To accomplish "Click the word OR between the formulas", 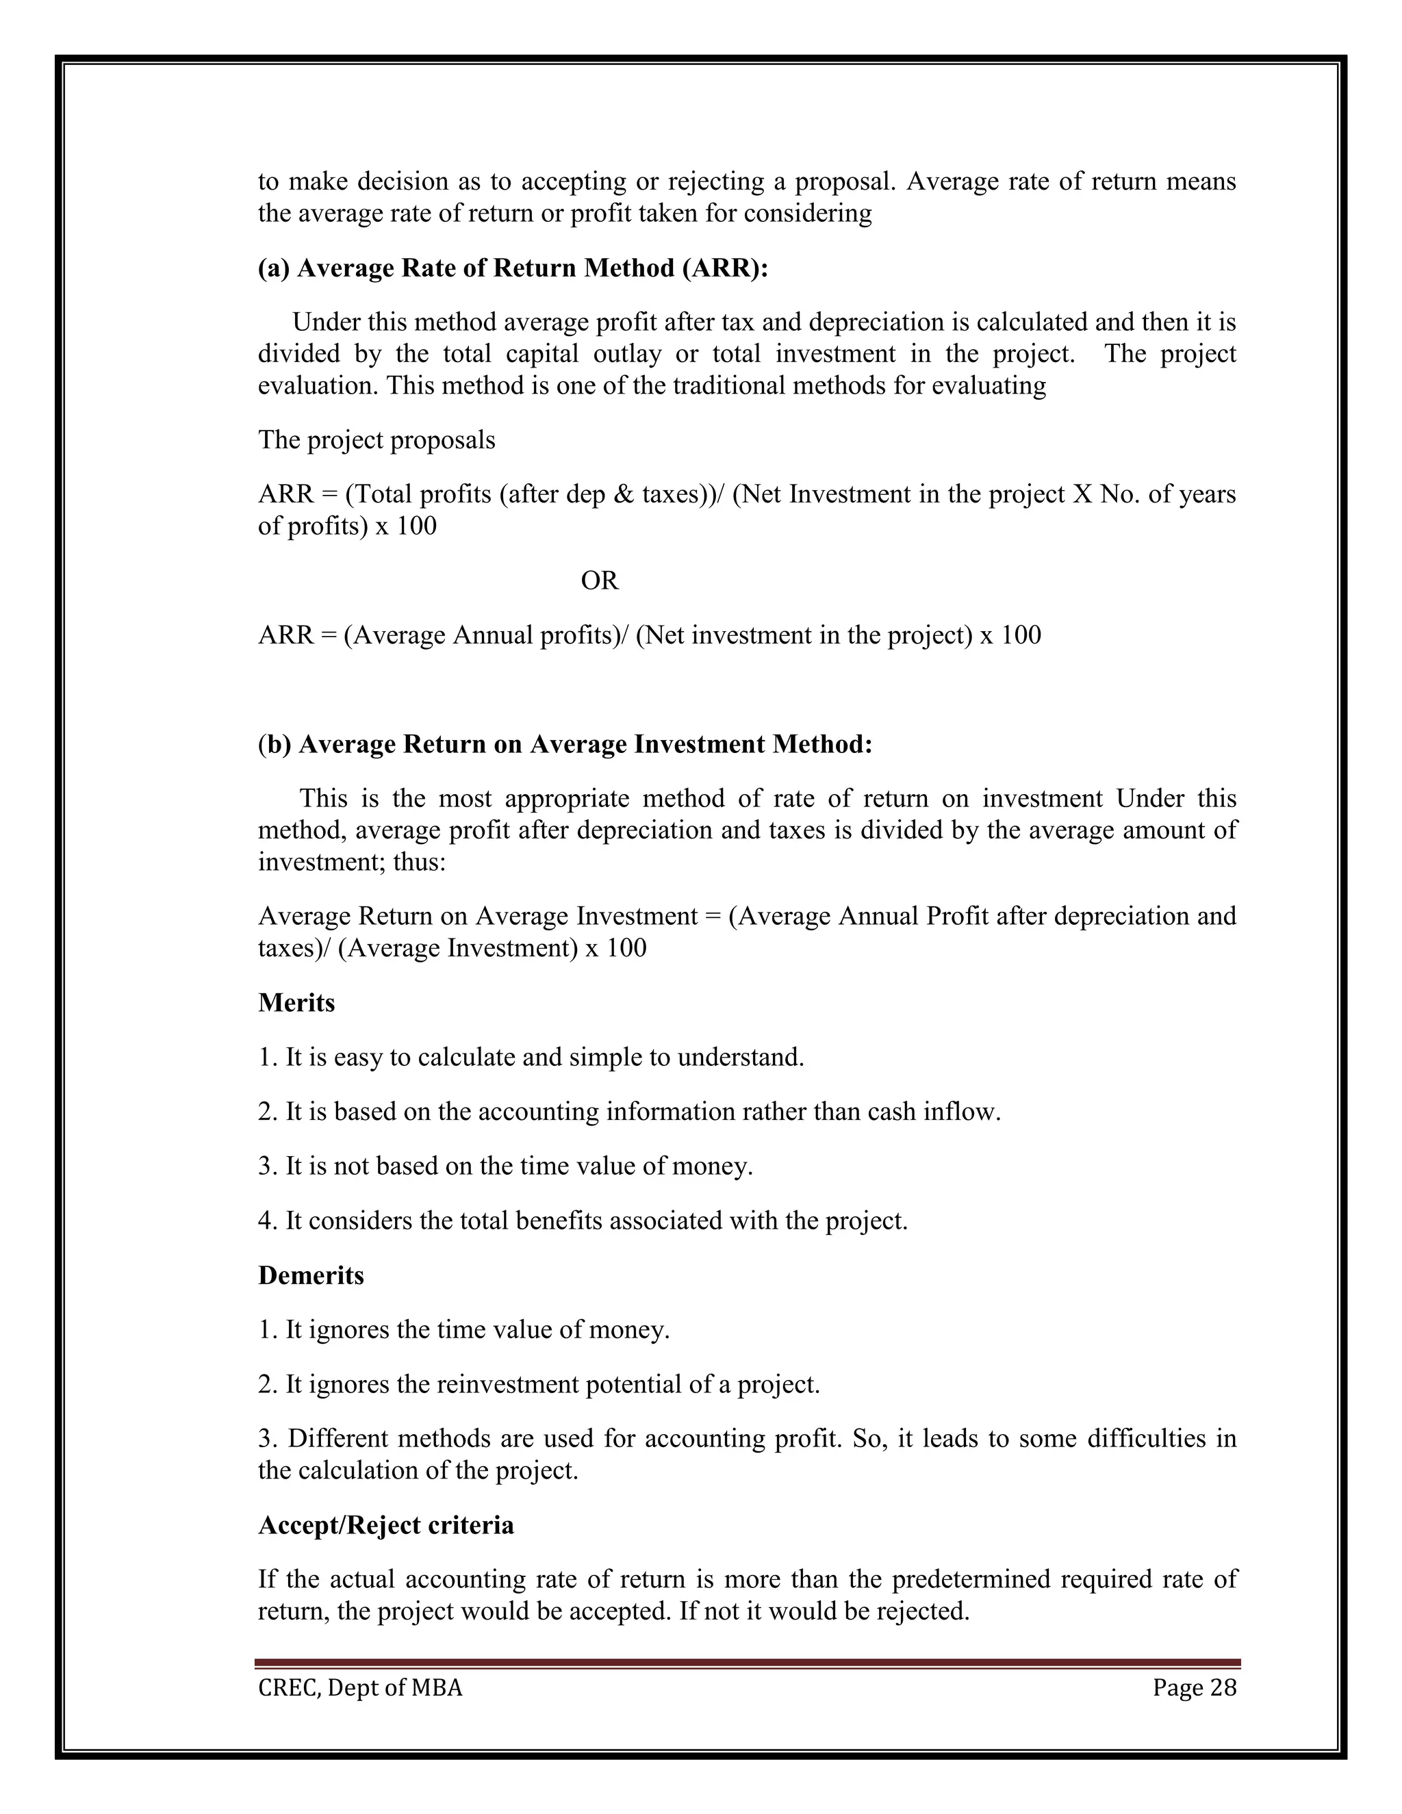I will (599, 580).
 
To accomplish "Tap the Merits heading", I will (296, 1003).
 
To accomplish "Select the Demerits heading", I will (311, 1275).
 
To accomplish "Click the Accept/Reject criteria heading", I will (385, 1526).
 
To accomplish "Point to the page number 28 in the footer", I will (1223, 1688).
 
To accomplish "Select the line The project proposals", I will (377, 439).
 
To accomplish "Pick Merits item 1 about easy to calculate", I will (531, 1058).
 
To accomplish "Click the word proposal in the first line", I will (843, 181).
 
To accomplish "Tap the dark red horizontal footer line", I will (748, 1663).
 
